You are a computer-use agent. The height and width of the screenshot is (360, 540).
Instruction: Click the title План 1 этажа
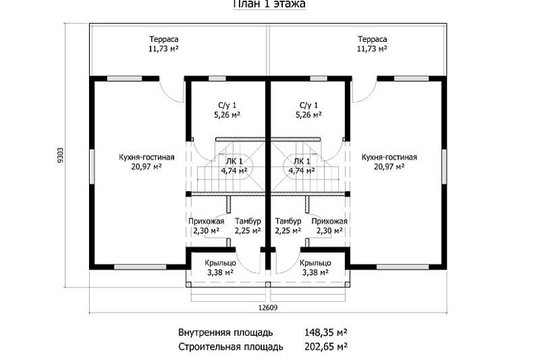click(x=269, y=4)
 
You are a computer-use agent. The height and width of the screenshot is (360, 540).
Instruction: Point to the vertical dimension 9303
click(x=61, y=154)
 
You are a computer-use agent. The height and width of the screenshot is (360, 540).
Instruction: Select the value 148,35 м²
click(x=325, y=332)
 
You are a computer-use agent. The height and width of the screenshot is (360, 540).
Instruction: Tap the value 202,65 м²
click(x=325, y=346)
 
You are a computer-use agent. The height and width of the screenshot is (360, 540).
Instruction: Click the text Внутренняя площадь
click(x=226, y=332)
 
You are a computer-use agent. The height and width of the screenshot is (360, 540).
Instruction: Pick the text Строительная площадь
click(x=230, y=346)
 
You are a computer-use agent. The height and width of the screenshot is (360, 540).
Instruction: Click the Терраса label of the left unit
click(x=164, y=39)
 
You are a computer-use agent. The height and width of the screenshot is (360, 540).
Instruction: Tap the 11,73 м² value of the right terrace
click(x=372, y=48)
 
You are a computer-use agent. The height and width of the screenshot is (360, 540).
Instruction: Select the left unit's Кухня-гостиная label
click(x=146, y=157)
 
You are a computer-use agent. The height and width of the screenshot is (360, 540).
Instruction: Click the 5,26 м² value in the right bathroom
click(x=308, y=115)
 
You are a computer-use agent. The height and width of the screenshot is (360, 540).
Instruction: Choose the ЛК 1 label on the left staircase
click(x=234, y=162)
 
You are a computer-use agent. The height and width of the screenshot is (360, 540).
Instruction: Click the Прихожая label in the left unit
click(x=206, y=221)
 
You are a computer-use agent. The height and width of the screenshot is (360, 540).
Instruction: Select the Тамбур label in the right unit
click(x=288, y=221)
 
